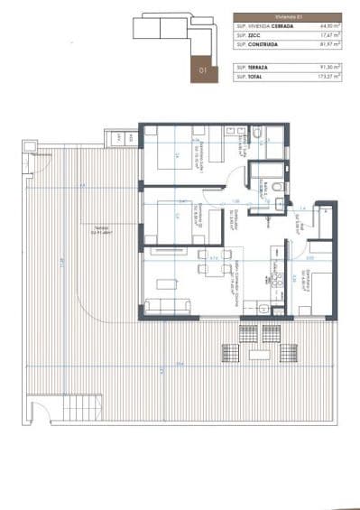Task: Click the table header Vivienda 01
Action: tap(291, 17)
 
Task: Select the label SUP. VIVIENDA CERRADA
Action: tap(264, 27)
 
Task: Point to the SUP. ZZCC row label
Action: tap(249, 38)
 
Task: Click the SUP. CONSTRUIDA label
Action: tap(260, 49)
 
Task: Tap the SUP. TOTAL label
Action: tap(251, 79)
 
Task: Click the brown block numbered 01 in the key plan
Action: tap(203, 70)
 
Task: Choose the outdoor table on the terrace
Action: tap(260, 344)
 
